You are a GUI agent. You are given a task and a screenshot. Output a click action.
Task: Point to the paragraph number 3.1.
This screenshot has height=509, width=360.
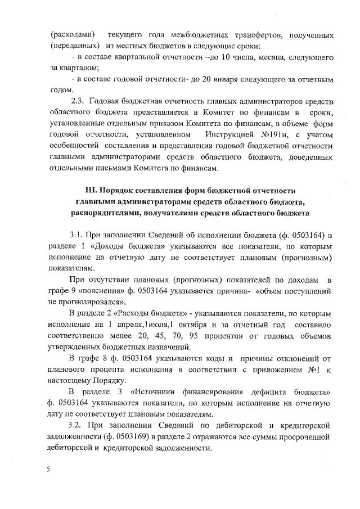(x=76, y=234)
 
